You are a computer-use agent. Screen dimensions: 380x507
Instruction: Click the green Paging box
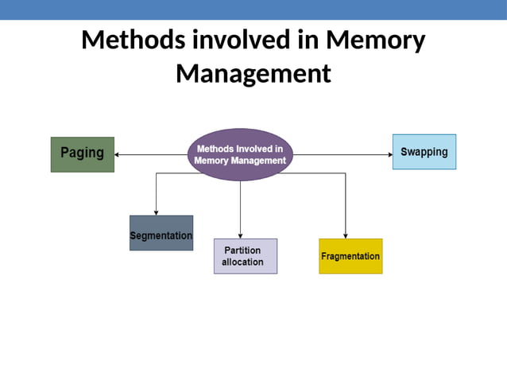tap(82, 154)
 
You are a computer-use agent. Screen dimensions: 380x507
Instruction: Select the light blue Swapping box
tap(424, 152)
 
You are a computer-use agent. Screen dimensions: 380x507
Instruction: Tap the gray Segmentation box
tap(161, 233)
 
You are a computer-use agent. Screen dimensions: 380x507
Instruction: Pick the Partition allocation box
tap(245, 256)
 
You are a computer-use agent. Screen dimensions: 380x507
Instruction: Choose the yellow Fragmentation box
tap(350, 256)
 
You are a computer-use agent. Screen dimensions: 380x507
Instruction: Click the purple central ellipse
tap(240, 154)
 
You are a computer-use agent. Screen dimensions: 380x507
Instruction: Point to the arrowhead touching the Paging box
tap(118, 155)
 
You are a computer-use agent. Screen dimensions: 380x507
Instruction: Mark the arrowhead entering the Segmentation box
tap(156, 212)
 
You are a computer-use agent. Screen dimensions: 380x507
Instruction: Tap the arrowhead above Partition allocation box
tap(240, 235)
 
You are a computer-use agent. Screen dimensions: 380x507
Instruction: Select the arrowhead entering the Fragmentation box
tap(346, 235)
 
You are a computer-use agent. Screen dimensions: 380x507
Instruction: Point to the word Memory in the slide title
tap(375, 40)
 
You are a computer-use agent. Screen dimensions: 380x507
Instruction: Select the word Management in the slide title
tap(253, 73)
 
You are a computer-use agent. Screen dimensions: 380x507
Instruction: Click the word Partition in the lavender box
tap(242, 250)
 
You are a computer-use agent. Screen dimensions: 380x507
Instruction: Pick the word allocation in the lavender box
tap(242, 262)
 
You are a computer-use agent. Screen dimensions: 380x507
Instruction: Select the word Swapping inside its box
tap(424, 152)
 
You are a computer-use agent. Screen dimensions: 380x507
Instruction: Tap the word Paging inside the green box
tap(82, 153)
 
